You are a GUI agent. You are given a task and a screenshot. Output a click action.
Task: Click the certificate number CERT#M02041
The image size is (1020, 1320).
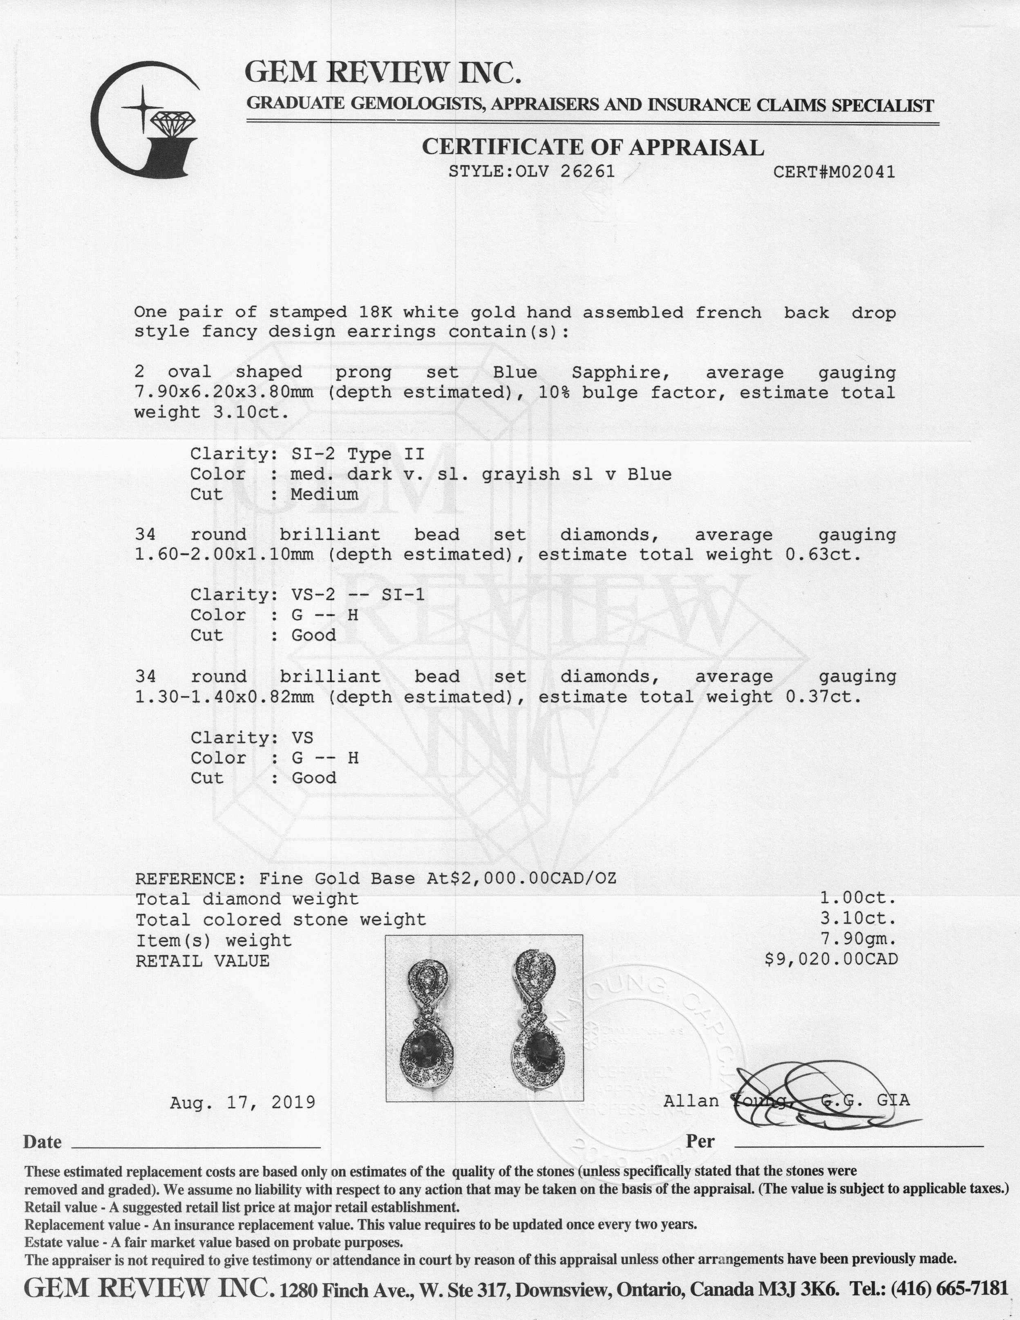[834, 172]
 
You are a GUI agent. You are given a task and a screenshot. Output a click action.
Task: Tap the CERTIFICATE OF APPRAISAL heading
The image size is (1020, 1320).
[592, 147]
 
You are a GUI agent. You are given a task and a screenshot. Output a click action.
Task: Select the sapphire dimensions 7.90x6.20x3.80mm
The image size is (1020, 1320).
[224, 392]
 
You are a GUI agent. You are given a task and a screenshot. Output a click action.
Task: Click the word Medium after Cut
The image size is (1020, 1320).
[324, 494]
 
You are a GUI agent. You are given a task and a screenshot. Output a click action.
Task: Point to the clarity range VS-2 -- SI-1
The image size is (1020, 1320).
[357, 595]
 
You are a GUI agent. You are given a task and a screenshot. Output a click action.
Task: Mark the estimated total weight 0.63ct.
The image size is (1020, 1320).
[822, 554]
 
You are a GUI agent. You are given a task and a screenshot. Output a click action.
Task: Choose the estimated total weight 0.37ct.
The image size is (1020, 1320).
[822, 697]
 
